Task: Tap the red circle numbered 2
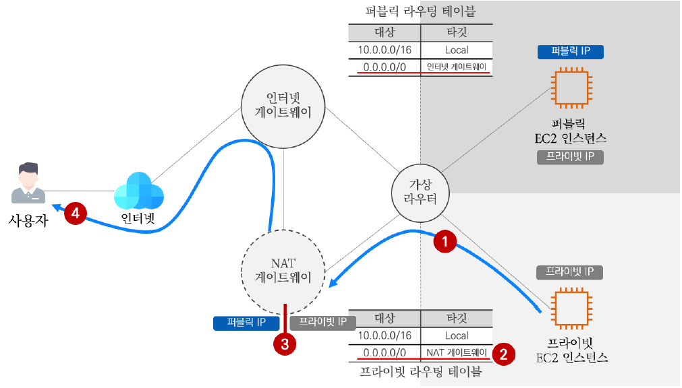point(502,352)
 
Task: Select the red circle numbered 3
point(285,344)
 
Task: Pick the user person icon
point(28,183)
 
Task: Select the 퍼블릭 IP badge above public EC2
point(571,51)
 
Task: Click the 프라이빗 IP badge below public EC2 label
point(571,157)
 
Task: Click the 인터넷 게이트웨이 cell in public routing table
point(457,67)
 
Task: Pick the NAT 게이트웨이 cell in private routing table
point(457,352)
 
